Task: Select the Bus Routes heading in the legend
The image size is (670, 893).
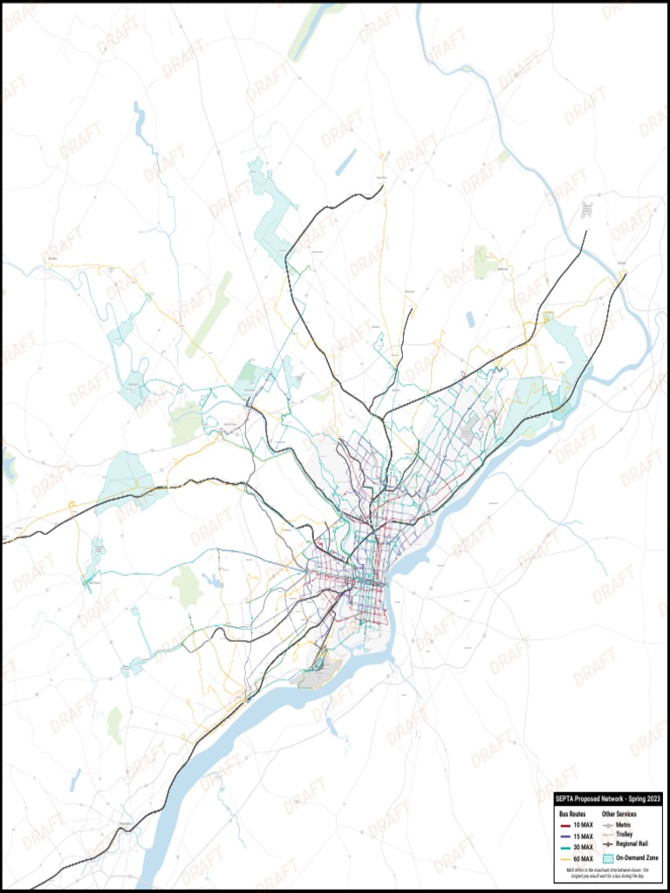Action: click(571, 814)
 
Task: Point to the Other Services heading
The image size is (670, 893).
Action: click(619, 814)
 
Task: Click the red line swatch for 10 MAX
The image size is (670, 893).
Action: click(564, 825)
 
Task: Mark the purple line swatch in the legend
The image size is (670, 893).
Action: click(564, 835)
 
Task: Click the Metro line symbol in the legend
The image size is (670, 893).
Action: click(608, 825)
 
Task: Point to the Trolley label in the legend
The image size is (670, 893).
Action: click(625, 835)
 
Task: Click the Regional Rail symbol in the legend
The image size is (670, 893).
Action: click(608, 845)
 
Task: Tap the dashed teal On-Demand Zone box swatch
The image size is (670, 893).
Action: click(608, 858)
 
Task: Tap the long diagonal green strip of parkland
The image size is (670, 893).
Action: click(209, 314)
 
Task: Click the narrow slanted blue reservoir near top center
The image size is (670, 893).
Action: click(346, 161)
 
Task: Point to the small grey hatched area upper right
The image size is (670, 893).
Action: click(587, 210)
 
